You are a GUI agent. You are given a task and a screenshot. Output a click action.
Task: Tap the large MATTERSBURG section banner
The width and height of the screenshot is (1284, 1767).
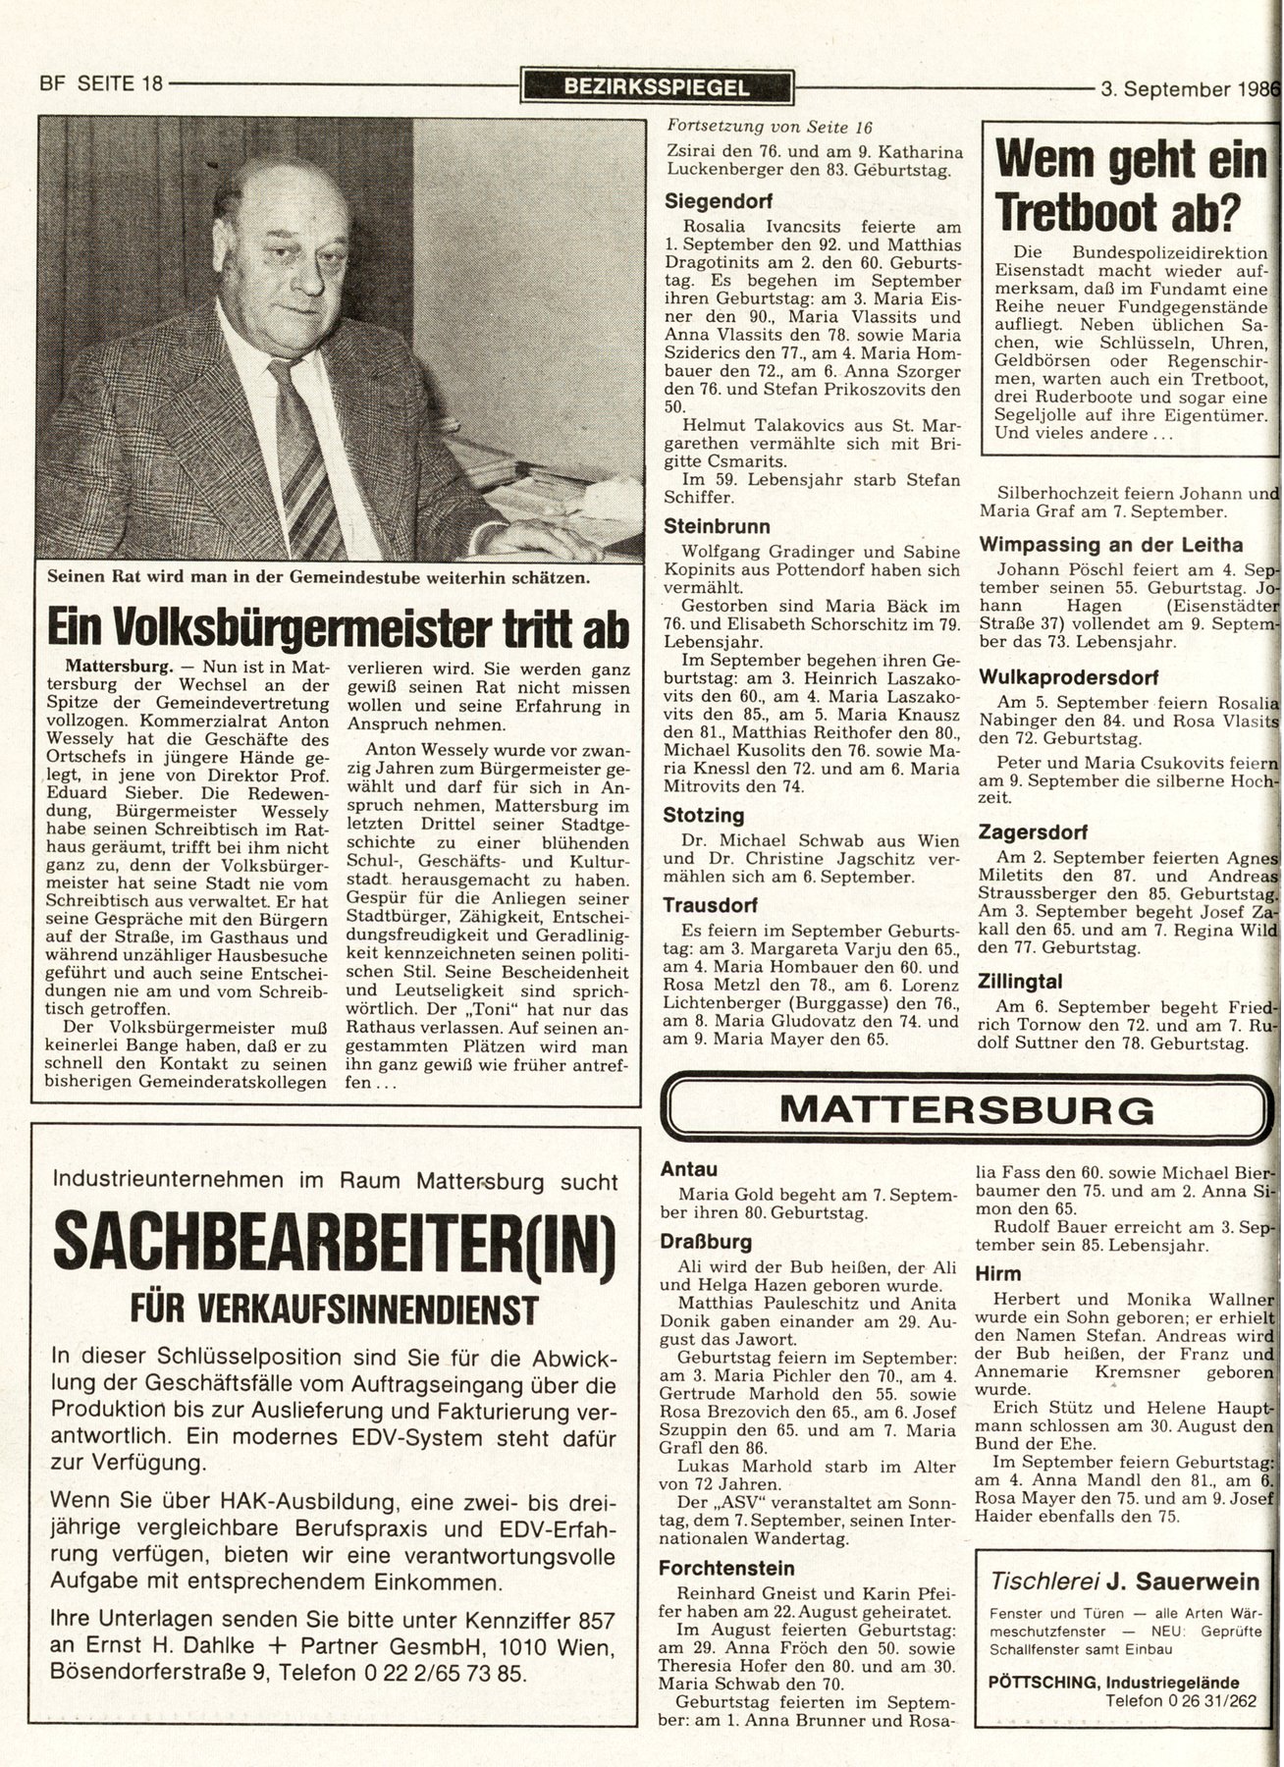click(x=966, y=1109)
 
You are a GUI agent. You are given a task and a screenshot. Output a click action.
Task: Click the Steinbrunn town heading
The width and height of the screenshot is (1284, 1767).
click(x=717, y=525)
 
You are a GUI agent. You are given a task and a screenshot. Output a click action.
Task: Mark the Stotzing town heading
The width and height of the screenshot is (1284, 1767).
click(x=703, y=815)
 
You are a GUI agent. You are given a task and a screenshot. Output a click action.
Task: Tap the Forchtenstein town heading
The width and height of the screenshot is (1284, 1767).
click(x=727, y=1568)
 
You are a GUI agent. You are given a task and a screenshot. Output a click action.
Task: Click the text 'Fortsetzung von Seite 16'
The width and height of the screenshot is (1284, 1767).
click(x=769, y=127)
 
